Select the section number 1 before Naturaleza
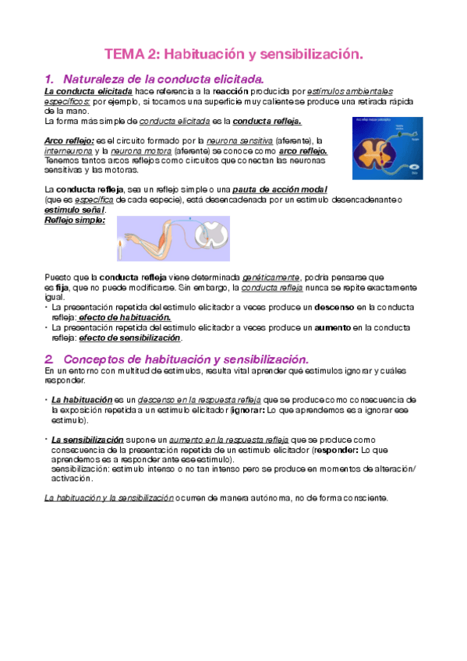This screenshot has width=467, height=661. (x=49, y=80)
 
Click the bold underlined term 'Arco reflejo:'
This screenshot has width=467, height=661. (x=69, y=140)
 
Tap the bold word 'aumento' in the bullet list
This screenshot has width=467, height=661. (x=340, y=328)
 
